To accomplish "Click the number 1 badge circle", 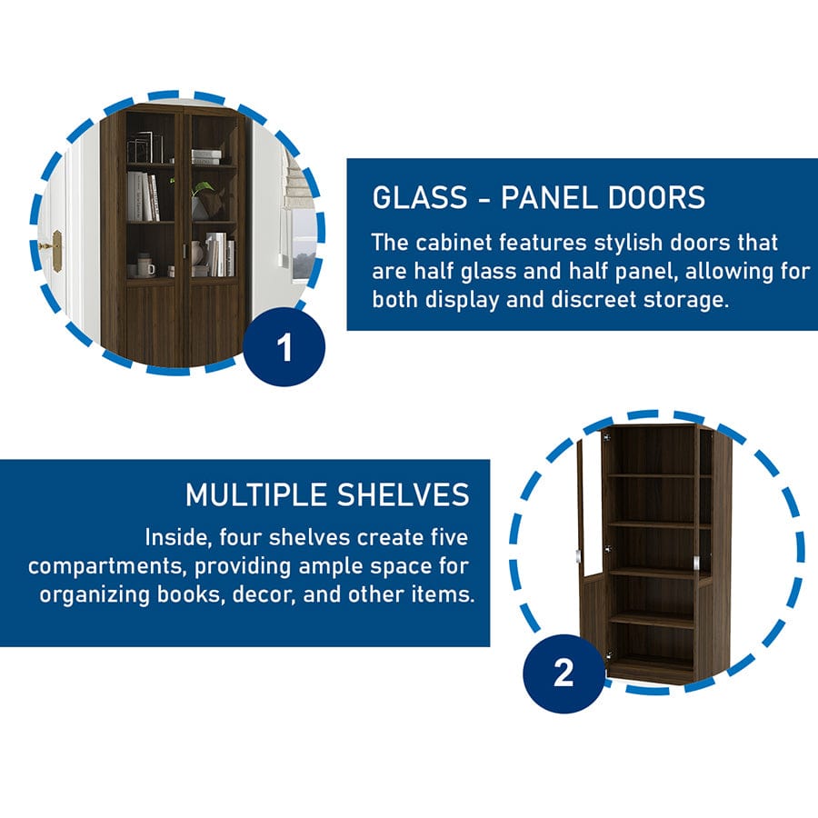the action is coord(284,346).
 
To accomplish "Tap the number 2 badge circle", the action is coord(564,673).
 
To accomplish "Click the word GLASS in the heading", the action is coord(420,198).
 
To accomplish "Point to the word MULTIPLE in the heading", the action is coord(258,494).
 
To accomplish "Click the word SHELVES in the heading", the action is coord(404,494).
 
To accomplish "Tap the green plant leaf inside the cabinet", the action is coord(204,188).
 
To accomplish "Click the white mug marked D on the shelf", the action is coord(147,269).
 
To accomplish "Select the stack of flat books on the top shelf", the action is coord(206,157).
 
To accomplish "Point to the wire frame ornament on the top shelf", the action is coord(145,147).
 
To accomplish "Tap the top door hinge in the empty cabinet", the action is coord(607,436).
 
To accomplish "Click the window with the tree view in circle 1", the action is coord(303,244).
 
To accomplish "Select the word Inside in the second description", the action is coord(178,538).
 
